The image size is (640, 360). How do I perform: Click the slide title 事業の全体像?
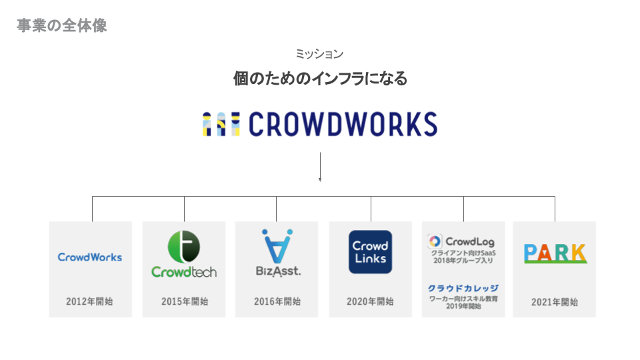[61, 26]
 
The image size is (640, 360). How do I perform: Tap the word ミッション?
[319, 54]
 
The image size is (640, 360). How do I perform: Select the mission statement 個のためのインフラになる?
[320, 79]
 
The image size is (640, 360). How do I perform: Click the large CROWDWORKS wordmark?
[343, 124]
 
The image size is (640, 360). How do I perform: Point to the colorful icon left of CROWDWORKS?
[221, 124]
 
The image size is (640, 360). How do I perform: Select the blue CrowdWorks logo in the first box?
[90, 257]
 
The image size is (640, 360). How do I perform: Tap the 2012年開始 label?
[89, 301]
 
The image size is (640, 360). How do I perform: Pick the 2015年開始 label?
[185, 301]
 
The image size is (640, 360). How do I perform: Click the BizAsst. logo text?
[277, 271]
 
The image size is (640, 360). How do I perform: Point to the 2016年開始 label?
[277, 301]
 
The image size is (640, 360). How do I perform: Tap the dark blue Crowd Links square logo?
[371, 251]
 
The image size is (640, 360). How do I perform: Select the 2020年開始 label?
[370, 301]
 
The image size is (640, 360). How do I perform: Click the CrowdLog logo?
[461, 241]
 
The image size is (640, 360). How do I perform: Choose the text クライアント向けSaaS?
[463, 253]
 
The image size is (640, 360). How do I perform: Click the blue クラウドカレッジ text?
[463, 288]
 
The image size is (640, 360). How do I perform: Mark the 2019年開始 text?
[463, 307]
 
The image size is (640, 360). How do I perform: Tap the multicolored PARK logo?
[555, 253]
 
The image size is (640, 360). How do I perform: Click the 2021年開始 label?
[555, 301]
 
